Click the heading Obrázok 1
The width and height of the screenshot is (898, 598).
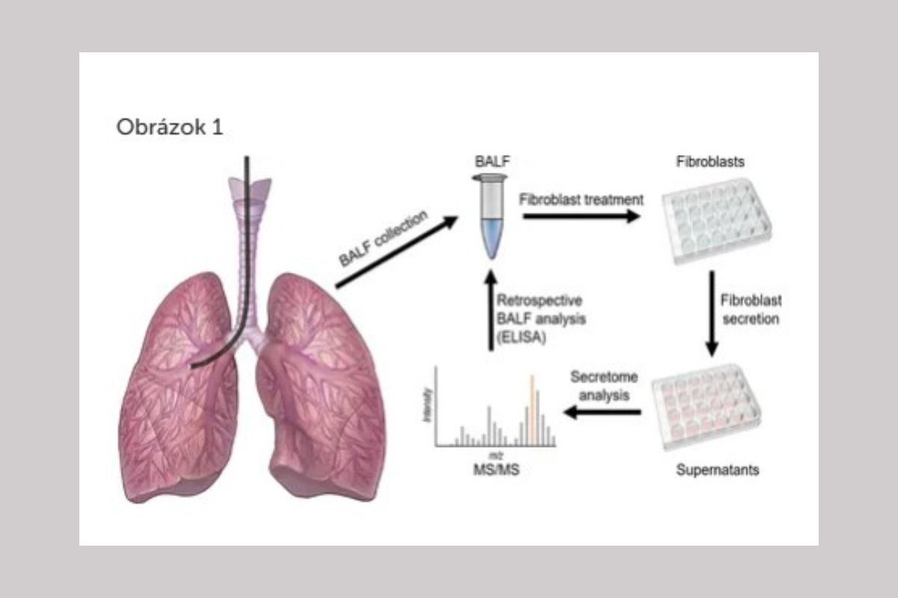[169, 126]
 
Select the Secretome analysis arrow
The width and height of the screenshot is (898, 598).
[603, 411]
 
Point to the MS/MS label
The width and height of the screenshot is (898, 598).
[495, 469]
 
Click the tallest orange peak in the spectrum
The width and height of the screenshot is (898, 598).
[532, 408]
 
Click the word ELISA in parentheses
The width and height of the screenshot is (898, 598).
[519, 336]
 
